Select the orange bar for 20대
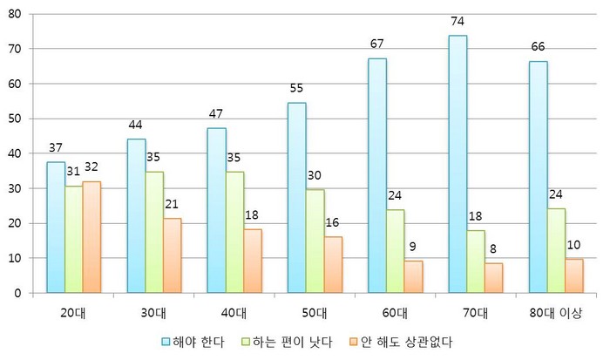(91, 237)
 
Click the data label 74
(457, 19)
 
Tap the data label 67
(377, 44)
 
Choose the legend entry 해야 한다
(196, 341)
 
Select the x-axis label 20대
(75, 313)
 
